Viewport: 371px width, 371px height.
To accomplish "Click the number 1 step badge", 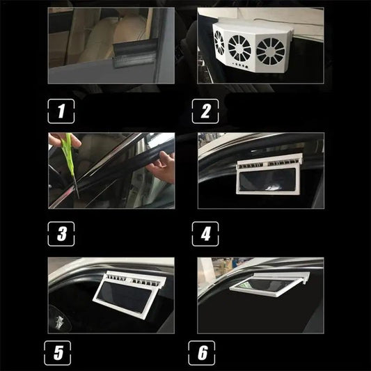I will tap(61, 110).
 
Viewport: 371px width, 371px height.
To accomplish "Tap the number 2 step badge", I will tap(205, 110).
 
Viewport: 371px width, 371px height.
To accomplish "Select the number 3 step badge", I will tap(61, 233).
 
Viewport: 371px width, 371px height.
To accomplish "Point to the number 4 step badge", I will tap(205, 233).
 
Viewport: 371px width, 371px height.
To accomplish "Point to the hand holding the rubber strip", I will tap(163, 167).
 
